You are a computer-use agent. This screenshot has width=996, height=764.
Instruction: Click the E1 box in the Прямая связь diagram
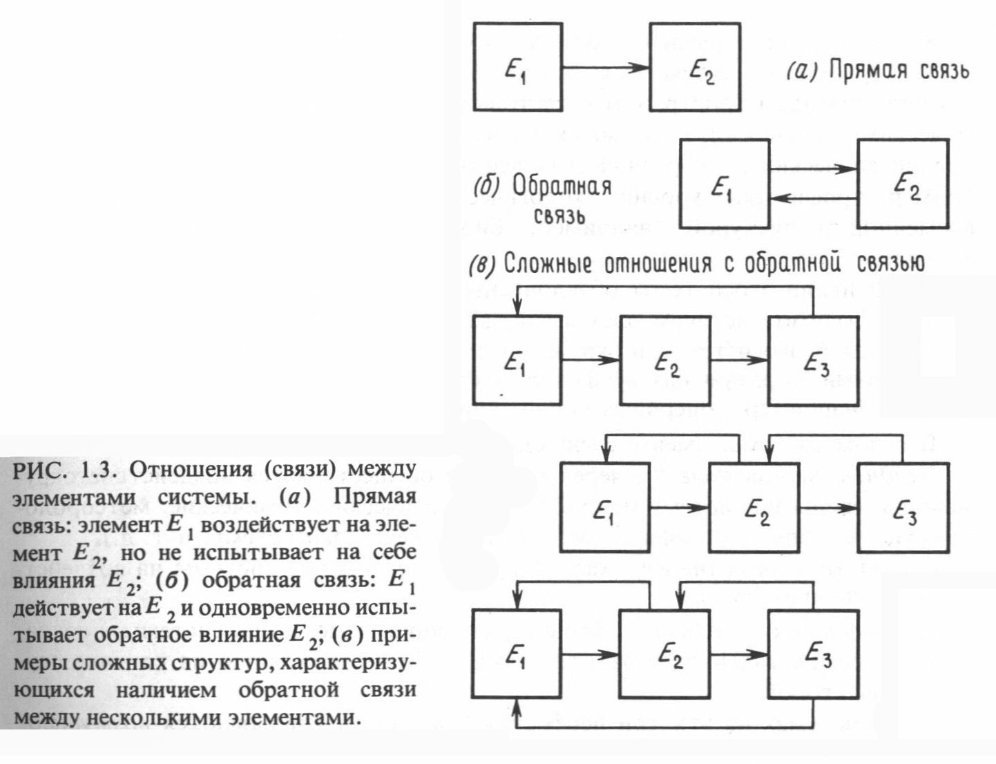pyautogui.click(x=517, y=67)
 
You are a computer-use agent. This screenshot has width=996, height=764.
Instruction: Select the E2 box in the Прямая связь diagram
pyautogui.click(x=695, y=67)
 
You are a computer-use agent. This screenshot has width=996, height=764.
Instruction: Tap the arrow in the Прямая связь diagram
pyautogui.click(x=605, y=68)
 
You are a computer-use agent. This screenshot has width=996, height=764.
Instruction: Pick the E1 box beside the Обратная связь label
pyautogui.click(x=724, y=184)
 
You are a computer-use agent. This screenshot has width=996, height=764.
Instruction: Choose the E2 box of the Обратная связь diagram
pyautogui.click(x=902, y=183)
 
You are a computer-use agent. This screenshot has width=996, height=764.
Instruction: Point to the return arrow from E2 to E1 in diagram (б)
pyautogui.click(x=813, y=199)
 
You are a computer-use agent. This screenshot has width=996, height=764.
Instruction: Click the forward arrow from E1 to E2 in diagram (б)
pyautogui.click(x=813, y=168)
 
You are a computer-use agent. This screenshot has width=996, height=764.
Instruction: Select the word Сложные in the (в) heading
pyautogui.click(x=549, y=265)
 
